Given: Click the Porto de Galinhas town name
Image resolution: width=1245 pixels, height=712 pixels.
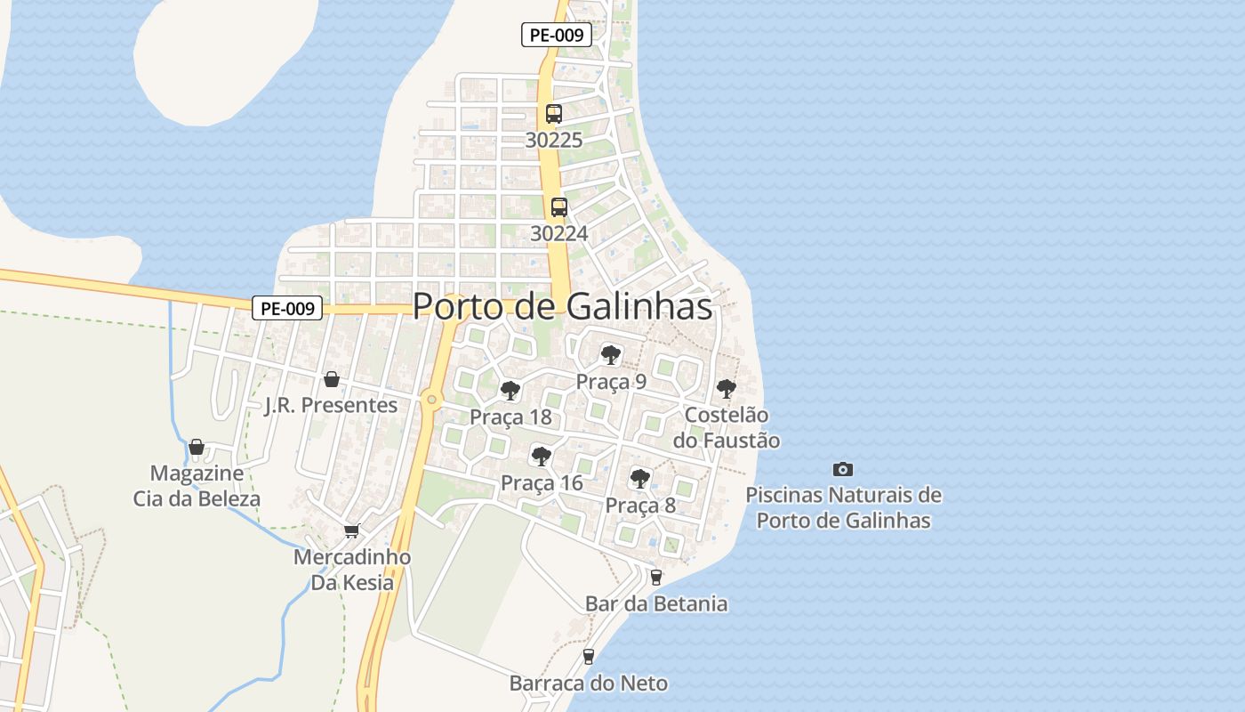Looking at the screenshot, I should (x=562, y=306).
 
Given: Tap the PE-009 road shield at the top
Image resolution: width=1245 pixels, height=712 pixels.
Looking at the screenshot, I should (x=557, y=36).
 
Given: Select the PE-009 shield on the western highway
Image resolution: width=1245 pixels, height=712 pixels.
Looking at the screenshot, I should (x=286, y=309).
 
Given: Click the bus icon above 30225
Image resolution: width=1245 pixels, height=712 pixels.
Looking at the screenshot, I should (x=553, y=114).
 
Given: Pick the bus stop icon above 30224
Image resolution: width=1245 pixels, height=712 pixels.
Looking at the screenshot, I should (x=558, y=207).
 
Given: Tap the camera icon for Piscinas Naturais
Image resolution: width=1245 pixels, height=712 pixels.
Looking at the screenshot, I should (x=842, y=469).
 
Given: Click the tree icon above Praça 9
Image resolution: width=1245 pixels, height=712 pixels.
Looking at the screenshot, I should (x=610, y=355).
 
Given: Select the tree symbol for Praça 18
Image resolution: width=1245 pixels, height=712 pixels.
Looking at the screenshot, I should (x=510, y=390).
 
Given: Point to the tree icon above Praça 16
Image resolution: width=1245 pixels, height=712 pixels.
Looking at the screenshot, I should (x=540, y=457).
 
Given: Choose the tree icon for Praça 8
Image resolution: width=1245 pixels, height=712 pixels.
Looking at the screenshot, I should (x=639, y=479).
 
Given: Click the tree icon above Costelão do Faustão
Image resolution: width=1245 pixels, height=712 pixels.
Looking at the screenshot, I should (x=726, y=389).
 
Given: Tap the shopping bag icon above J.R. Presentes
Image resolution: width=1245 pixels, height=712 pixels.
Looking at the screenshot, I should (x=332, y=379).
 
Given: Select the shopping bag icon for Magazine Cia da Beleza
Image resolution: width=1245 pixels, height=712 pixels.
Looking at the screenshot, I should (x=197, y=446).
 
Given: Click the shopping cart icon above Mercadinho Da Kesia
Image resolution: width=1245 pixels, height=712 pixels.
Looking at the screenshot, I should (x=351, y=531).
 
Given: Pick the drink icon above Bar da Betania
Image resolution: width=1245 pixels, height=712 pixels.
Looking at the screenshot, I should (x=656, y=577).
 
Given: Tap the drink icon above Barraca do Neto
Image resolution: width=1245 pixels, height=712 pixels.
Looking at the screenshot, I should (x=588, y=657).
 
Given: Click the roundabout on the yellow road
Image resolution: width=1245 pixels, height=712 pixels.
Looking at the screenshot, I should (x=432, y=400).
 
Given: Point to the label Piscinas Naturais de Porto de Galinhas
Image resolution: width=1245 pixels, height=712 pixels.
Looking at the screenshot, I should (x=843, y=507).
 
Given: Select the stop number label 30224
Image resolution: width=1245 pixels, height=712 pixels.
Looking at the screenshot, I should (x=558, y=233).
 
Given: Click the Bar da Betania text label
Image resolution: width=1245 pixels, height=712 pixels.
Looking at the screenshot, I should (x=656, y=603).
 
